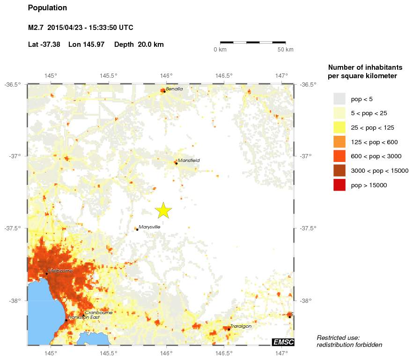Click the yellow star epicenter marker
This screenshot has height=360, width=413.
pos(163,211)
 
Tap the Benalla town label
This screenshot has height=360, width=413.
pos(174,88)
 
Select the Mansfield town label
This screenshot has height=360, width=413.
pos(189,161)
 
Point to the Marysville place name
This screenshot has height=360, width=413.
pos(149,227)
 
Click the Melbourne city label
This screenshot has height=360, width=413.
pos(60,271)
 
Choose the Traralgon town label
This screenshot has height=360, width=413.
pos(241,326)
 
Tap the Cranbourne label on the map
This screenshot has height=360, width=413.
pos(98,312)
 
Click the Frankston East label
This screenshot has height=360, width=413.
pos(83,317)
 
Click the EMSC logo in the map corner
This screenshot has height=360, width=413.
pos(283,342)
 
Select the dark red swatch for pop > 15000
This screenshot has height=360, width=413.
pos(339,185)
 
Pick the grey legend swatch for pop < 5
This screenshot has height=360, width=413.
pos(339,99)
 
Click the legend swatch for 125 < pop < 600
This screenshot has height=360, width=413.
pos(339,142)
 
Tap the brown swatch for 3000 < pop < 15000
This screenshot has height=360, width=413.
pos(339,171)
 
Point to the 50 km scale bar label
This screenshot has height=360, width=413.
pos(285,50)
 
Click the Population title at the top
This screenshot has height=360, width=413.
pos(47,8)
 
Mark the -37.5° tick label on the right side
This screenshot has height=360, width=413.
pos(308,228)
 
